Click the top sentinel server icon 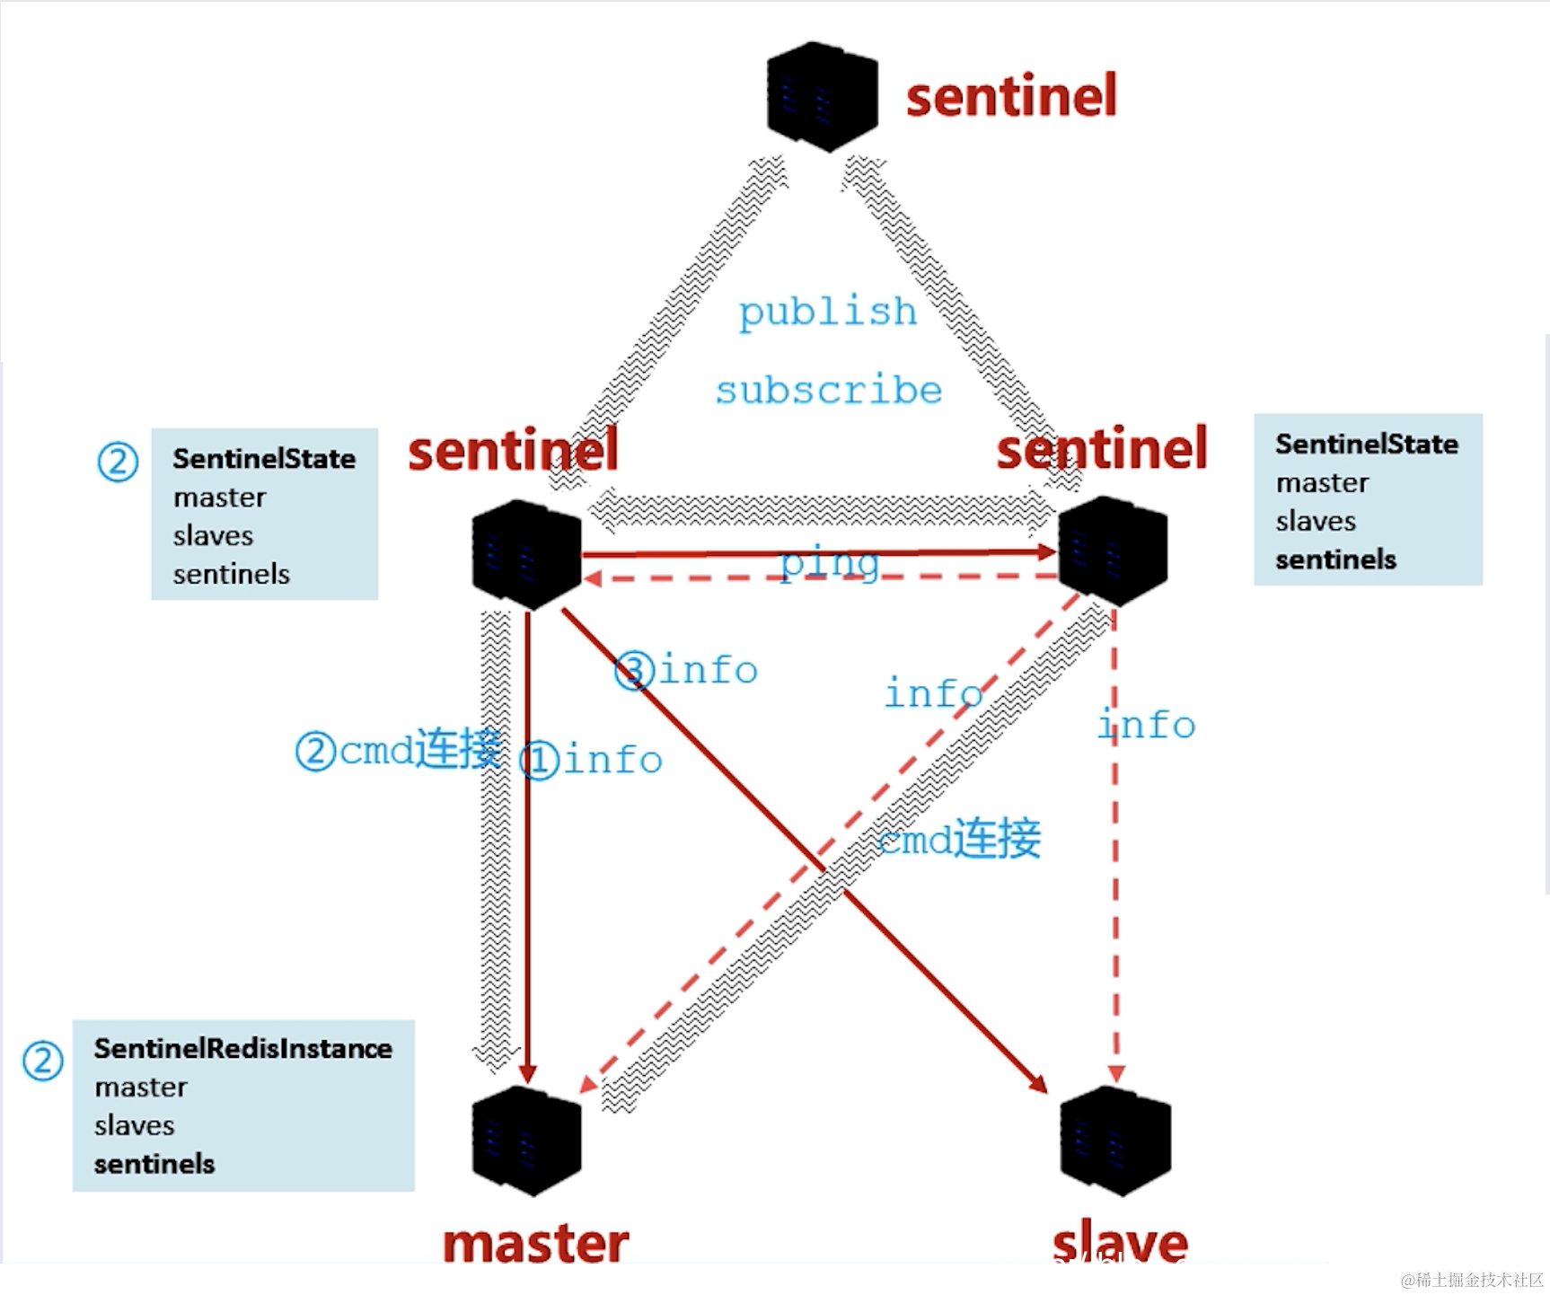822,96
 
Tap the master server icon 527,1141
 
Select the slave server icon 1115,1141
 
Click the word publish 827,312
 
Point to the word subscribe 828,391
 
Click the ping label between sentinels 828,563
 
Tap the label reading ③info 687,671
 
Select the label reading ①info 593,761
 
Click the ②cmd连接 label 399,750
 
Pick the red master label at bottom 536,1244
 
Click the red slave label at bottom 1120,1244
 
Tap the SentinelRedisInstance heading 242,1049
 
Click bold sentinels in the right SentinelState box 1335,559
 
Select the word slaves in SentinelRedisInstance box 135,1125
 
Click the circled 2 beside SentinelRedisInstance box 42,1062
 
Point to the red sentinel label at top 1011,96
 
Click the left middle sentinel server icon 527,554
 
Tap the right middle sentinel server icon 1114,551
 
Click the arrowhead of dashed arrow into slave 1116,1074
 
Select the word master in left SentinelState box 219,498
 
